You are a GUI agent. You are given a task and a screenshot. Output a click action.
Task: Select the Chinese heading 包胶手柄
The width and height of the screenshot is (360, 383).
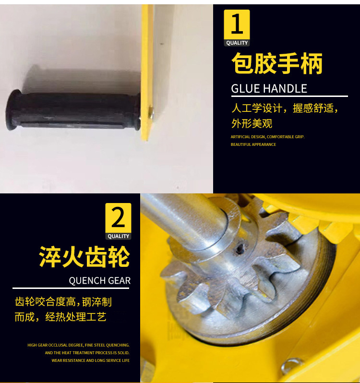coord(277,64)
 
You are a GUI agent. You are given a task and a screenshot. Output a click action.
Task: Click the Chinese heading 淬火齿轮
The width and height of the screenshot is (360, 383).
coord(84,257)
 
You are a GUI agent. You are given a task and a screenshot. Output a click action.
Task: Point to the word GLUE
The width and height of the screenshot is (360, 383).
coord(246,89)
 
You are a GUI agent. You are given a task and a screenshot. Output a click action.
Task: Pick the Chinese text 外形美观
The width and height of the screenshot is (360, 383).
coord(252,123)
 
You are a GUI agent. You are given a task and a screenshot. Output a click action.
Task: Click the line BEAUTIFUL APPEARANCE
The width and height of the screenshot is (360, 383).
coord(253,144)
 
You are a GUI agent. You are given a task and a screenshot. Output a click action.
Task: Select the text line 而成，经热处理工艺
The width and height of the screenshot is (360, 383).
coord(60,317)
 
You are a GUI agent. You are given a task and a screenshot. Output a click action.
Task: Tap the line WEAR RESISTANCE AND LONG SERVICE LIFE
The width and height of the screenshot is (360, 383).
coord(90,360)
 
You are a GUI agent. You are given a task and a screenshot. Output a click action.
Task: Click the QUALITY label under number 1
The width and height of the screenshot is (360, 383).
coord(237,43)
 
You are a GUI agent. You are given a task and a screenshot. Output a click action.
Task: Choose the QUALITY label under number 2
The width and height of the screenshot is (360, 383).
coord(118,236)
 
